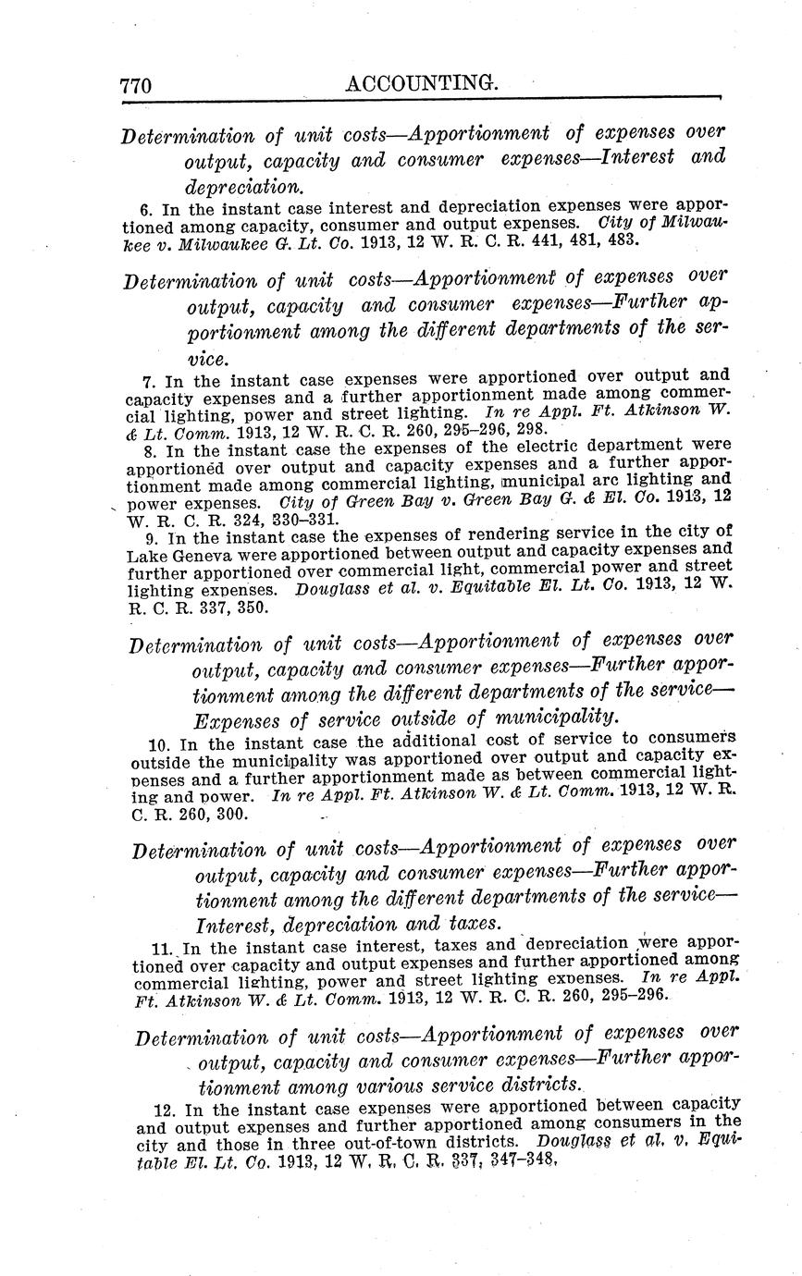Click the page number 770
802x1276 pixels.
pos(135,86)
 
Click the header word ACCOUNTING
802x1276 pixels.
pos(422,84)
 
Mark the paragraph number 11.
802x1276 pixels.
pos(157,948)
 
